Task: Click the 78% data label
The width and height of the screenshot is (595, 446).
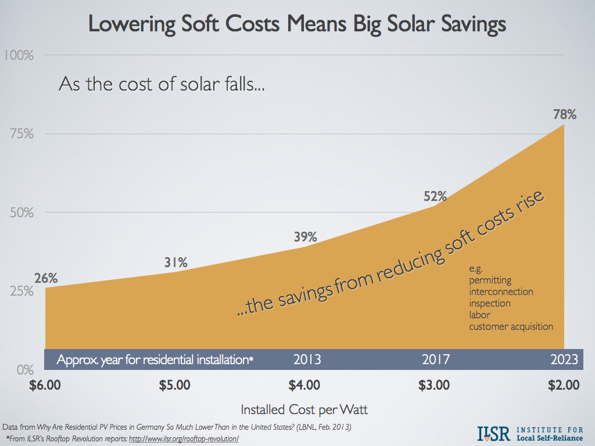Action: tap(565, 114)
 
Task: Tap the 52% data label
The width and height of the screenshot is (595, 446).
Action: tap(435, 196)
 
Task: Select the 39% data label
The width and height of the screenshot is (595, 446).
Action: tap(304, 237)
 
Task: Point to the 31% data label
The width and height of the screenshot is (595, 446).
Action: tap(175, 262)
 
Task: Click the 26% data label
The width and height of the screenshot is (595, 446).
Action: tap(46, 278)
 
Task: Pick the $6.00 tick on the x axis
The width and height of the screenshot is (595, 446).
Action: tap(45, 384)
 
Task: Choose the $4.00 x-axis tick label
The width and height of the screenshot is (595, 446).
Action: tap(304, 384)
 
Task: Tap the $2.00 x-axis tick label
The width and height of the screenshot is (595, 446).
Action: tap(565, 384)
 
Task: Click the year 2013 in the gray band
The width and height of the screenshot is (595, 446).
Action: tap(307, 359)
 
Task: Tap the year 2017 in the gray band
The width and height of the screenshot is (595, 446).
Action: tap(436, 359)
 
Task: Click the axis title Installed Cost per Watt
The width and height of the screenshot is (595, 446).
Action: tap(304, 409)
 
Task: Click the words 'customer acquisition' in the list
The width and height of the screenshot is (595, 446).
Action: tap(511, 326)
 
